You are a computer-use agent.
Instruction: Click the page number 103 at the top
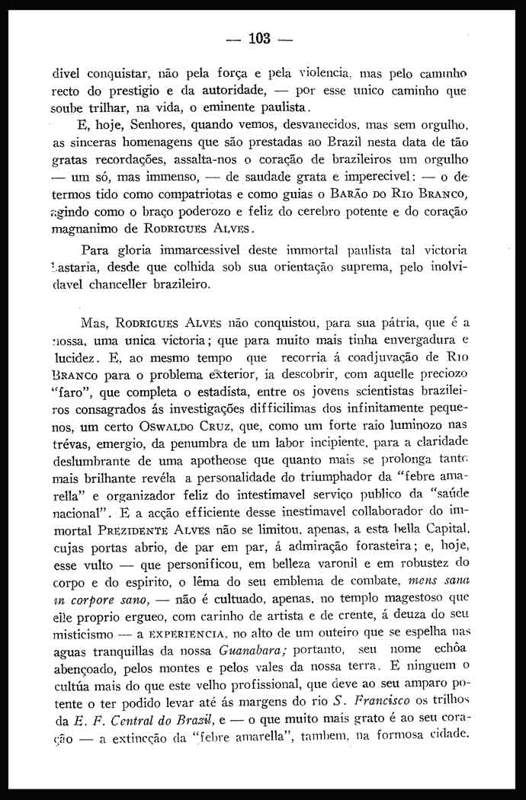(259, 38)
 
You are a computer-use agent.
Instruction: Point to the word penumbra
(191, 445)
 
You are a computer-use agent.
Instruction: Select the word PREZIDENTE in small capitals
(133, 530)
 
